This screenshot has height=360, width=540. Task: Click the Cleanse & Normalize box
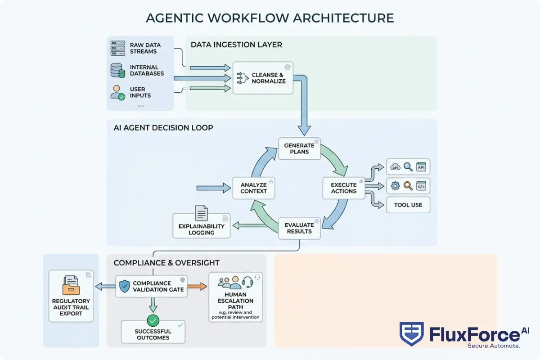tap(263, 78)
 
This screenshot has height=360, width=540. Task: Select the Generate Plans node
tap(299, 148)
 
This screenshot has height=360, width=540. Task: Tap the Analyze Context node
tap(254, 188)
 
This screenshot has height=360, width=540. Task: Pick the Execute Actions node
tap(343, 188)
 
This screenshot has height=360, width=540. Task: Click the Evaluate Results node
tap(299, 228)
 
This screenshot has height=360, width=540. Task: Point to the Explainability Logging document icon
tap(201, 213)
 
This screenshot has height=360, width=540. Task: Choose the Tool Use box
tap(408, 205)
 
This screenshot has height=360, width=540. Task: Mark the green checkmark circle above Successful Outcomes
tap(153, 320)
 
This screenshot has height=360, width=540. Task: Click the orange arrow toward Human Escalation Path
tap(197, 286)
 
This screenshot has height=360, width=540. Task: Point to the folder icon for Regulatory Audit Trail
tap(71, 285)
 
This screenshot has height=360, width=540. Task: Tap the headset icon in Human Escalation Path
tap(247, 282)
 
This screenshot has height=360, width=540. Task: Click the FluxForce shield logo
tap(411, 334)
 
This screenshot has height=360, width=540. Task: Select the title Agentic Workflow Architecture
tap(270, 18)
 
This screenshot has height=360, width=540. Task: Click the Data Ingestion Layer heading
tap(236, 45)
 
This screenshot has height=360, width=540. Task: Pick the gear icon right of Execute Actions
tap(396, 185)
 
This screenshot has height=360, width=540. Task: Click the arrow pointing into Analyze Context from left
tap(214, 188)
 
